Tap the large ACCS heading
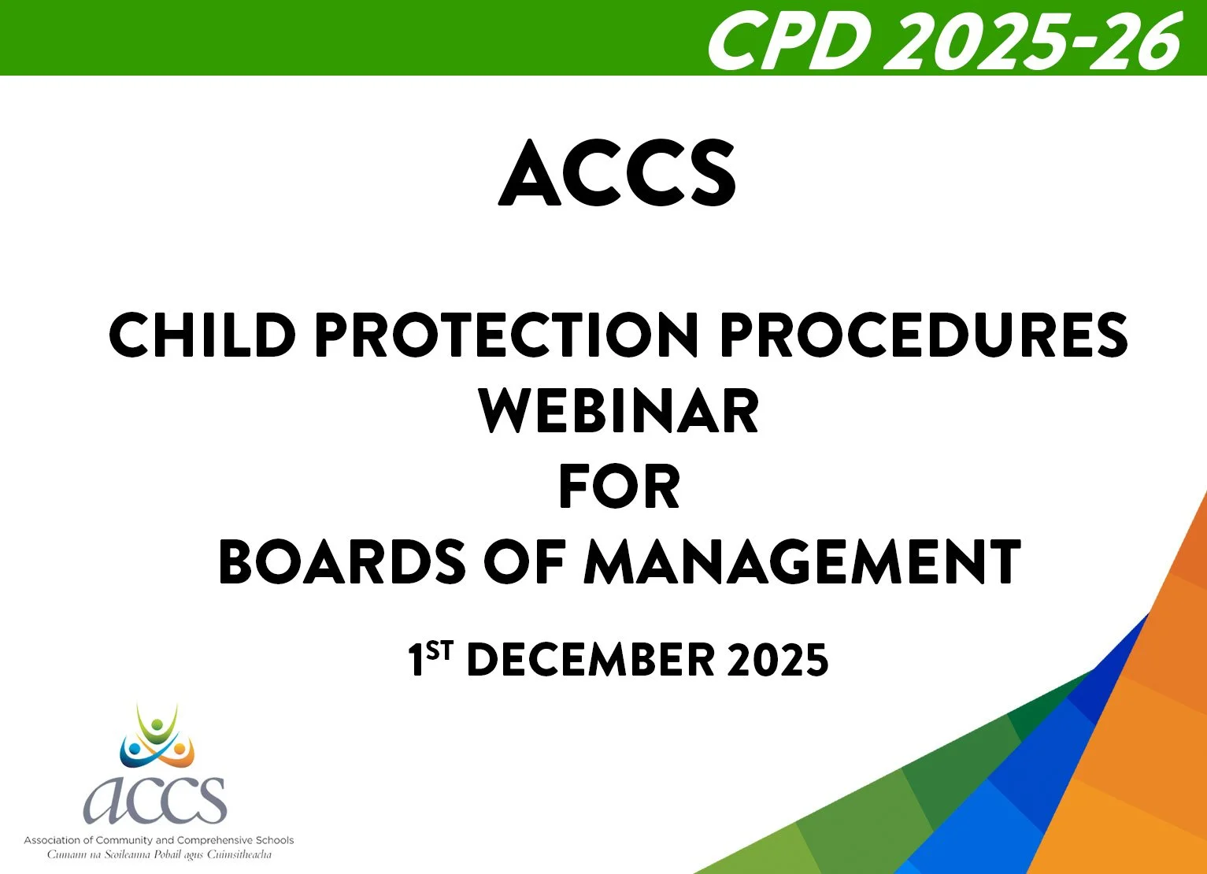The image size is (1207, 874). (x=617, y=174)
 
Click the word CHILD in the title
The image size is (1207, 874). (x=202, y=335)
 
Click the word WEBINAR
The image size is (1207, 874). (x=619, y=411)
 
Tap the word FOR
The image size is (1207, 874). (x=619, y=487)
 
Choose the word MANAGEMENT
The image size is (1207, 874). (x=802, y=563)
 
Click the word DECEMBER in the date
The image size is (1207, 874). (x=591, y=660)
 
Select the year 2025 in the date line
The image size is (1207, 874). (x=778, y=660)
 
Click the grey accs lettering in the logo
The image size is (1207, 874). (x=155, y=799)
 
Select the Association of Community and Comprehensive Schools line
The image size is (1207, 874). (x=158, y=840)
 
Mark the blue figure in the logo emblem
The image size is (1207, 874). (x=132, y=752)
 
